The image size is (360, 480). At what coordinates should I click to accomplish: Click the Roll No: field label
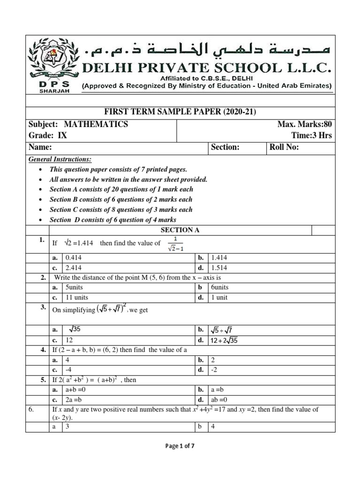click(284, 147)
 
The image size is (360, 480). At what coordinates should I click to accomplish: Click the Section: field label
click(225, 147)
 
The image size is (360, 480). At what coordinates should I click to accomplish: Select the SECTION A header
click(177, 230)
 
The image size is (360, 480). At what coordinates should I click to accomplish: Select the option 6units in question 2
click(220, 287)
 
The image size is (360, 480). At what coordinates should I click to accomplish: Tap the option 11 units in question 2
click(77, 297)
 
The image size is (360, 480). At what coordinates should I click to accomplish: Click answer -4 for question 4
click(69, 370)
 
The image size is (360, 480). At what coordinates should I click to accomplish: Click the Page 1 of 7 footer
click(180, 446)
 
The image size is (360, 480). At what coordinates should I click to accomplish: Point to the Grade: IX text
click(48, 135)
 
